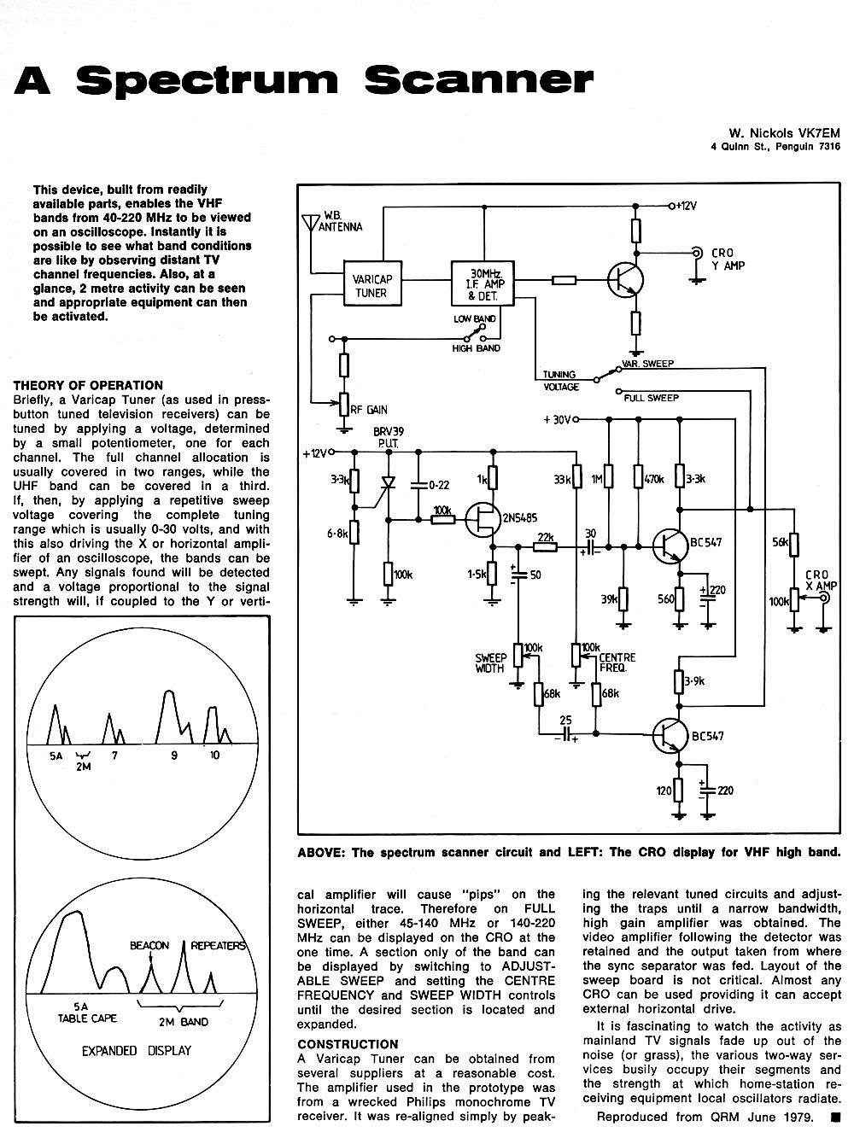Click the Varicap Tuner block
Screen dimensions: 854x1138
pos(373,283)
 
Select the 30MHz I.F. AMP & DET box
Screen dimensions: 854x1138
pos(483,283)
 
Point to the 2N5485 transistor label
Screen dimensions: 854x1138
pos(519,518)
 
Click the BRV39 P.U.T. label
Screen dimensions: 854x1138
pos(389,438)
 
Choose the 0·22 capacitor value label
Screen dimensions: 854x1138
pos(439,485)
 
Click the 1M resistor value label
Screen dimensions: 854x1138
pos(597,480)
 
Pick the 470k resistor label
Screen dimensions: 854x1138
pos(654,480)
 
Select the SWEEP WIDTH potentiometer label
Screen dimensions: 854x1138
pos(490,663)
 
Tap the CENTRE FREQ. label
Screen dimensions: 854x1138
pos(617,662)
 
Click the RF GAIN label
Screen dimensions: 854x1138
pos(369,410)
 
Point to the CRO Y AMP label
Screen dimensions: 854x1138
pos(728,260)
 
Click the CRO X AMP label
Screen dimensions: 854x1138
pos(821,581)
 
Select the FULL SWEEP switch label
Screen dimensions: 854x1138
pos(652,398)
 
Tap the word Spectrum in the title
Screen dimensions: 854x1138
pos(207,81)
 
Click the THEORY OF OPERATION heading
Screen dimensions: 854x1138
pos(88,385)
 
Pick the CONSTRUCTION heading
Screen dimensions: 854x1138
pos(348,1044)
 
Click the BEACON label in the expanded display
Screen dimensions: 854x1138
pos(149,945)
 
